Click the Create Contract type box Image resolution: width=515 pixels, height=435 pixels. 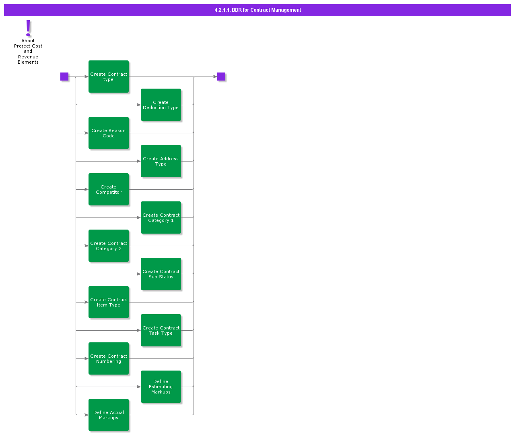coord(109,77)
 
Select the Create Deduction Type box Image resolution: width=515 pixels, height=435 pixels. coord(161,105)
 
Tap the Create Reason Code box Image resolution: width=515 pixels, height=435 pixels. coord(109,133)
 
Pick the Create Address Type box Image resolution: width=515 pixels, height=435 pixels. coord(161,161)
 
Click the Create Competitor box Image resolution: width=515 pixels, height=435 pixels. coord(109,189)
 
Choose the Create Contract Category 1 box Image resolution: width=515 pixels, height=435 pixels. coord(161,217)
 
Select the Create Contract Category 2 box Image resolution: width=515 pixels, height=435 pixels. coord(109,246)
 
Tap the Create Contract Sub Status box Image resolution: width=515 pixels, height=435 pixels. coord(161,274)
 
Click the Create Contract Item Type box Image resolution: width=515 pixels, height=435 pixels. coord(109,302)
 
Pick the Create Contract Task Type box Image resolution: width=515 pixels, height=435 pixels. coord(161,330)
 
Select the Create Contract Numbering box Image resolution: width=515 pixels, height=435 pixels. coord(109,358)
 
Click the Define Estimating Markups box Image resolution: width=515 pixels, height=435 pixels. coord(161,387)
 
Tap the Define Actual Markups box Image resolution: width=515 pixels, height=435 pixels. coord(109,415)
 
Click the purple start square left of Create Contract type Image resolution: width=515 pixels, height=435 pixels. coord(64,77)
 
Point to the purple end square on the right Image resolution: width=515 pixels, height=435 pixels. coord(221,77)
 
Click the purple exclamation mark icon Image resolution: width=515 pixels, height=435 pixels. coord(28,28)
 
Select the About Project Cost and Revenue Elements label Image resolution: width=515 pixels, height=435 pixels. coord(28,52)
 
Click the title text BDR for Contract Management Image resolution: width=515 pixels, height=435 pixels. coord(258,10)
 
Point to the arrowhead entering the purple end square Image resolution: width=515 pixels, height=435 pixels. coord(215,77)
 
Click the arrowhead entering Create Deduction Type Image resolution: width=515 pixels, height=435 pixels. coord(139,105)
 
